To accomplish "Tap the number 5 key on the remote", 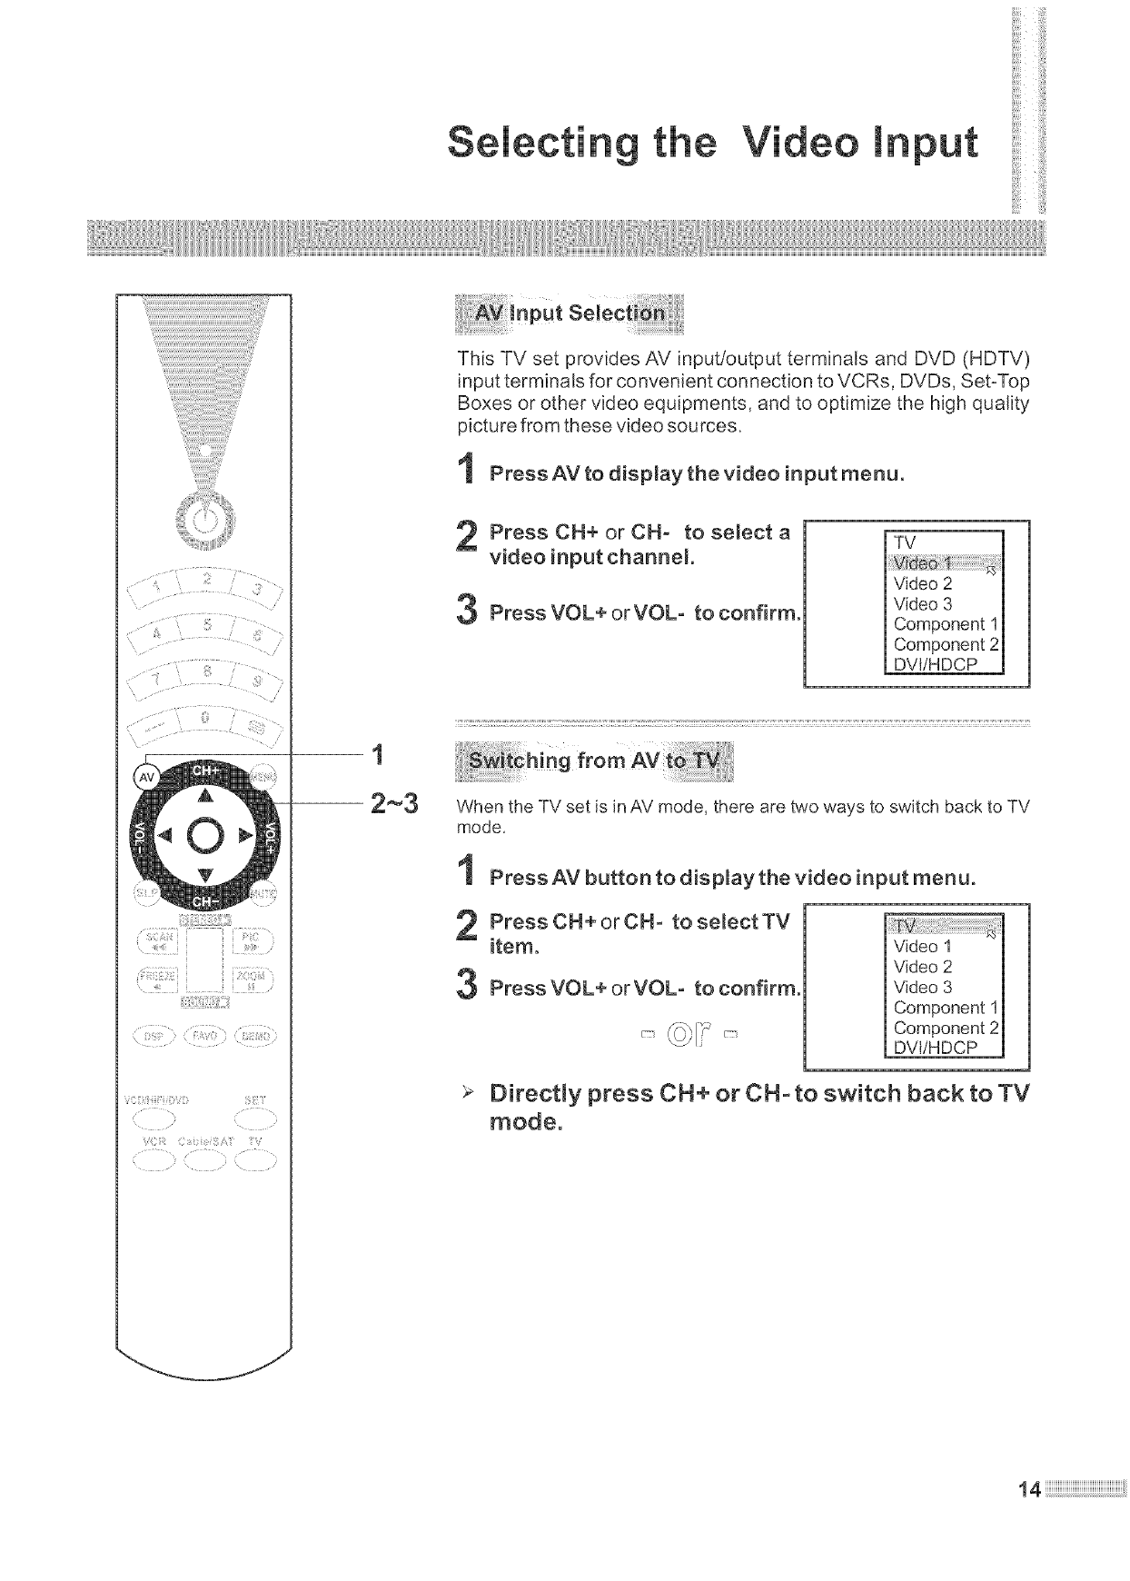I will [208, 625].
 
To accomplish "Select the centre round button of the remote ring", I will [205, 836].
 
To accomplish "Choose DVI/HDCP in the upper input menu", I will [935, 665].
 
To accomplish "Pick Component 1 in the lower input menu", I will [946, 1008].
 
